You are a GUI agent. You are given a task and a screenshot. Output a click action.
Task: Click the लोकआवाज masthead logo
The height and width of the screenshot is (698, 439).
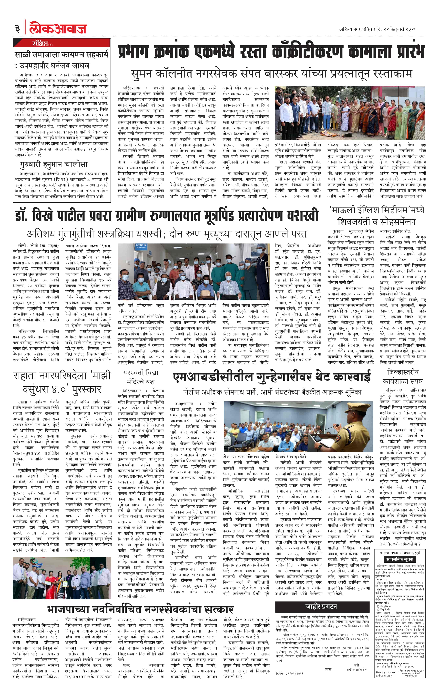point(58,28)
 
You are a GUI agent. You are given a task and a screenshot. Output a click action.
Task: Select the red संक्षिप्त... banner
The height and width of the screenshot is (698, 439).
point(61,44)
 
